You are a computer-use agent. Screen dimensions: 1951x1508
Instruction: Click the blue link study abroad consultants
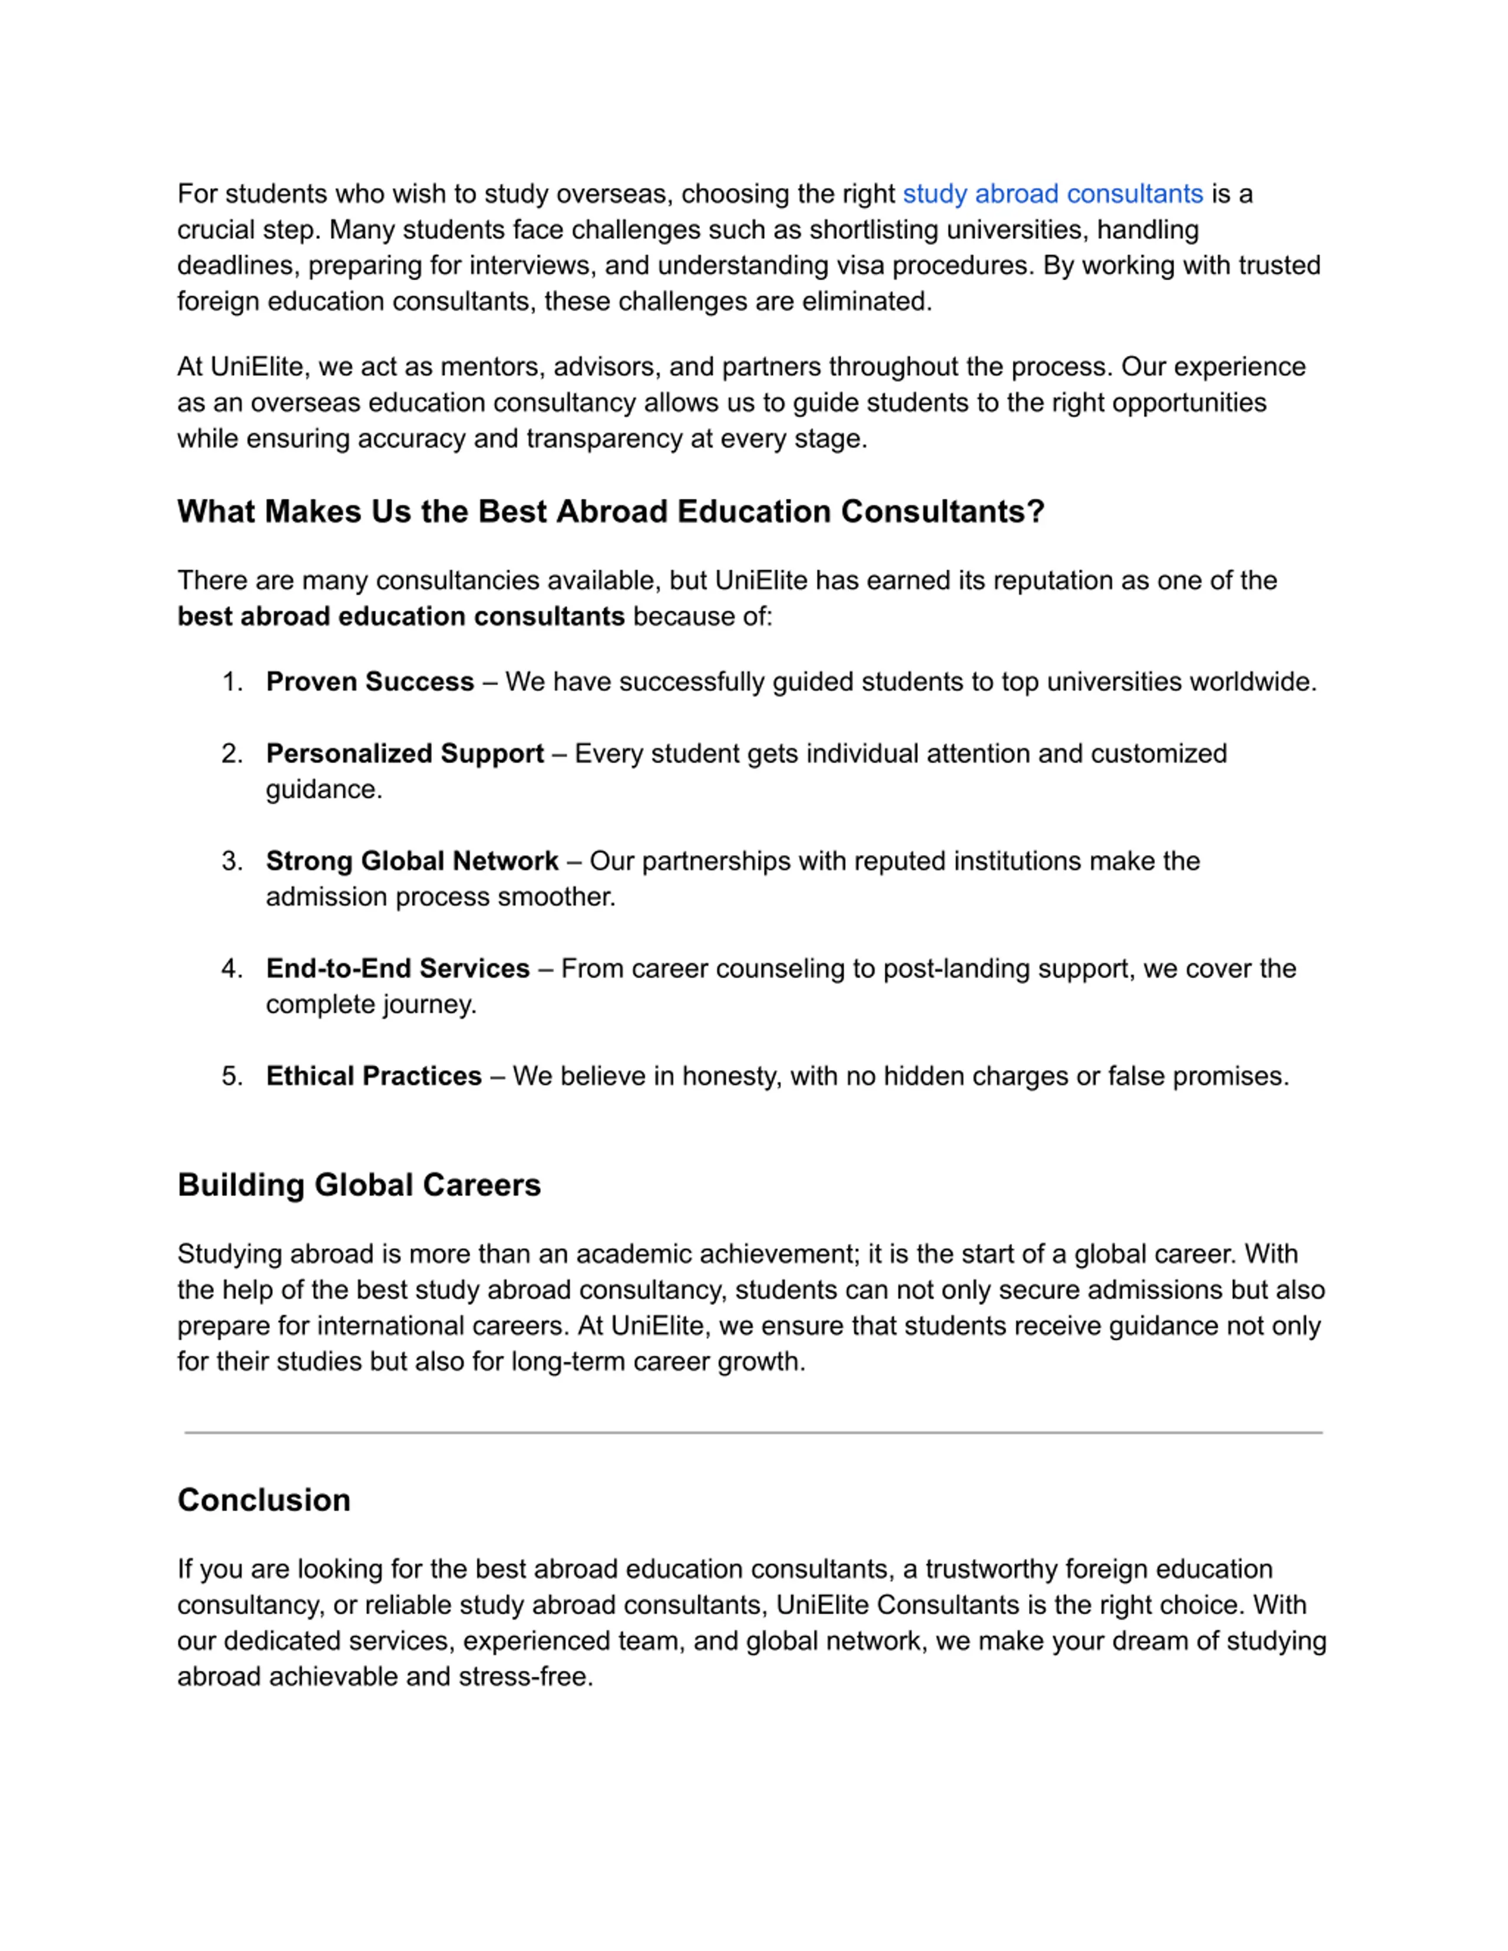[x=1053, y=194]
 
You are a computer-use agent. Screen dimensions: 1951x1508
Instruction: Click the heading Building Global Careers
[x=359, y=1184]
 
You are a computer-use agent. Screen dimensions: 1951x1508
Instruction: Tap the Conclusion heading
[x=263, y=1500]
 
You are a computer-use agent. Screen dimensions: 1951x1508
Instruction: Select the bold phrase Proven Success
[x=370, y=681]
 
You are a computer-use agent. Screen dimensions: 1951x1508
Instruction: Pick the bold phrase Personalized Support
[x=405, y=753]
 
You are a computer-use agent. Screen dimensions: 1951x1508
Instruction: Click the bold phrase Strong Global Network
[x=412, y=860]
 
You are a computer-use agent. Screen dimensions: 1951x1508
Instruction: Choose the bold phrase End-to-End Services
[x=398, y=968]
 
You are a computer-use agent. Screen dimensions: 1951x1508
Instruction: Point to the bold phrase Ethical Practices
[x=373, y=1075]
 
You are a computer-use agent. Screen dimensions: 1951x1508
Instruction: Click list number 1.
[x=232, y=681]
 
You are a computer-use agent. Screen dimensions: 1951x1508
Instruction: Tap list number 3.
[x=232, y=860]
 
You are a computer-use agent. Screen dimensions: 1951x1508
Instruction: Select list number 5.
[x=232, y=1075]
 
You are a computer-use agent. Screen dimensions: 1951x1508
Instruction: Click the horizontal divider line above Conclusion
[x=753, y=1433]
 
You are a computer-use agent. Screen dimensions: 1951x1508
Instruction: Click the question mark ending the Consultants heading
[x=1036, y=511]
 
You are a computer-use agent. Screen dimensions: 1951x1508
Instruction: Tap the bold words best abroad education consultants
[x=400, y=617]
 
